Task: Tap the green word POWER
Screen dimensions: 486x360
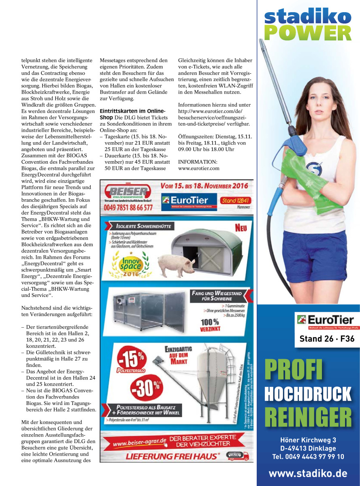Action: pyautogui.click(x=308, y=33)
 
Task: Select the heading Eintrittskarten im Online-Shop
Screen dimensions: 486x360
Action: pyautogui.click(x=132, y=114)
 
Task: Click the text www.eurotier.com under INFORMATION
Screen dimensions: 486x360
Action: pyautogui.click(x=198, y=168)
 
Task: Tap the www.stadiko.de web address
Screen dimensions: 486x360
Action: pyautogui.click(x=308, y=473)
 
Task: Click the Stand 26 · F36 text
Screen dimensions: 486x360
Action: pyautogui.click(x=326, y=339)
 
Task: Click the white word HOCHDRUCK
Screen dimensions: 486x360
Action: pyautogui.click(x=308, y=394)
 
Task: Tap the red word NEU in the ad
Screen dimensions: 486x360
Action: pyautogui.click(x=241, y=228)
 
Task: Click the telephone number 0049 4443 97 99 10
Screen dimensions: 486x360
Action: pyautogui.click(x=308, y=456)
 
